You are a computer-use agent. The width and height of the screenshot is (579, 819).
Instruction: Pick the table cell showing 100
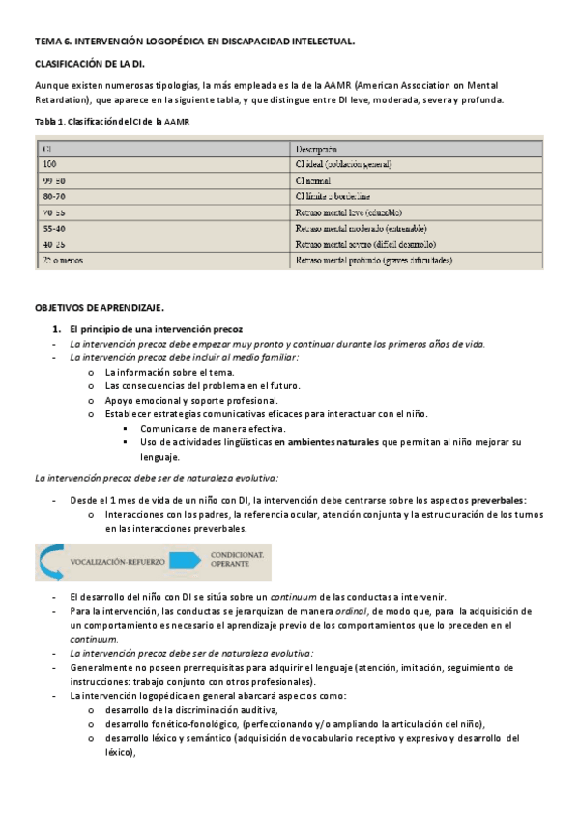tap(49, 164)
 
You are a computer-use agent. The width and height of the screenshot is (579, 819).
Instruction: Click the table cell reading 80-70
tap(54, 196)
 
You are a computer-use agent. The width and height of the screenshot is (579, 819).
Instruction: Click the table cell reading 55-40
tap(54, 228)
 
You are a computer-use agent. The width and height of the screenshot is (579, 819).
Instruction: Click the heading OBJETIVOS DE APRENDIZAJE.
tap(100, 308)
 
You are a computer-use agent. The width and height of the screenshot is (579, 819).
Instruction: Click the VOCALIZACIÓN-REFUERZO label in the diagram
tap(117, 560)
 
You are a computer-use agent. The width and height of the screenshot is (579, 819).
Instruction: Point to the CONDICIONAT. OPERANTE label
tap(241, 560)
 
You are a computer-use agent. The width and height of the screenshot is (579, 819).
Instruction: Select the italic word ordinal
tap(350, 612)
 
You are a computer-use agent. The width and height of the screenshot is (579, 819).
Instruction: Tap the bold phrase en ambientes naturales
tap(327, 442)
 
